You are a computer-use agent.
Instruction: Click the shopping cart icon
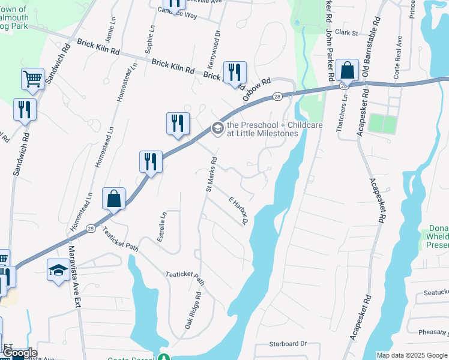pos(32,78)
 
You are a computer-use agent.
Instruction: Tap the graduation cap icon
pos(58,269)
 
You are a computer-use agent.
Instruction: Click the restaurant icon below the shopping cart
pos(25,109)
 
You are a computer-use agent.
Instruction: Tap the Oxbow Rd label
pos(257,89)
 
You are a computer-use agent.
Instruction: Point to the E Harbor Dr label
pos(238,211)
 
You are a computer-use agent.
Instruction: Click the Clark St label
pos(346,33)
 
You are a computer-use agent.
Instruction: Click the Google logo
pos(19,353)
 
